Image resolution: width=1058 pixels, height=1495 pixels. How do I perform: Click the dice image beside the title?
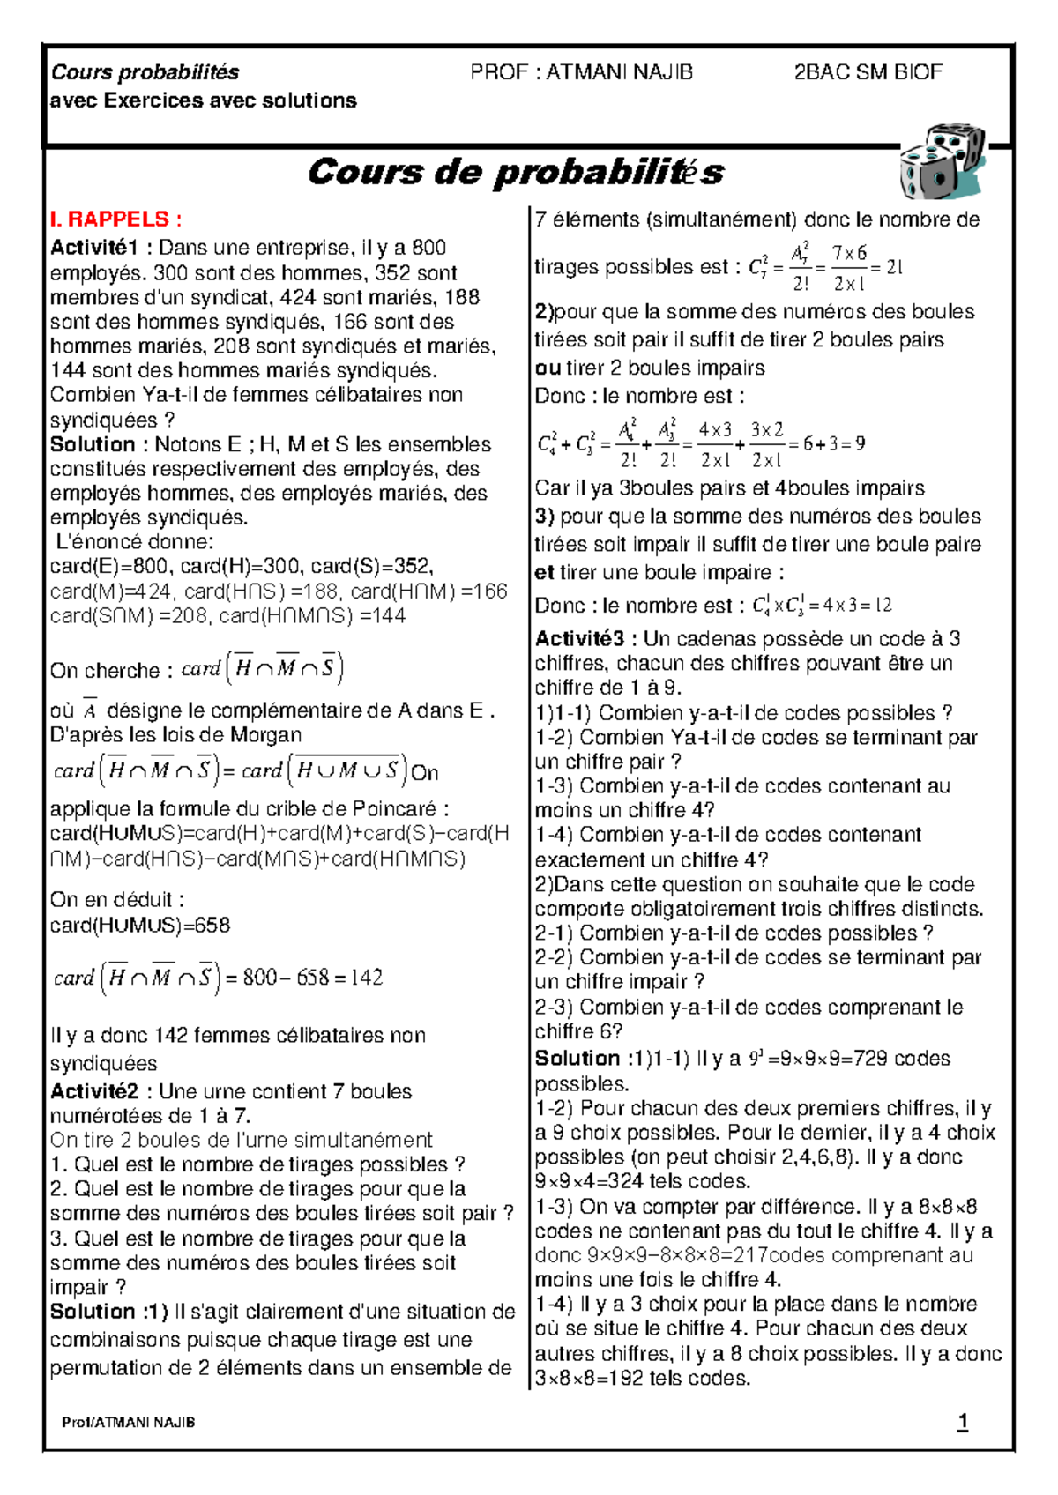(941, 166)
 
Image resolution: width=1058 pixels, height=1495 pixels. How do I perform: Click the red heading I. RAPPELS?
(115, 219)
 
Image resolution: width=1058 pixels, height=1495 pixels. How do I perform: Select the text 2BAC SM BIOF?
(868, 72)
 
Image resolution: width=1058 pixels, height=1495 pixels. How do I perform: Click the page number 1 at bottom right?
(962, 1422)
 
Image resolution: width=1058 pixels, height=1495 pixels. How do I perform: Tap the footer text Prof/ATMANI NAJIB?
(129, 1423)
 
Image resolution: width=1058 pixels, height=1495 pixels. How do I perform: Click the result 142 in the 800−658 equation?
(366, 978)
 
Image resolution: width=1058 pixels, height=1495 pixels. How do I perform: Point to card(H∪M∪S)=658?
(140, 926)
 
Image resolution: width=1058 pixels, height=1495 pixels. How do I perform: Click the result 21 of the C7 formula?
(894, 267)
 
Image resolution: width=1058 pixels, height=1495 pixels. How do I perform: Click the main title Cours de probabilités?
(516, 172)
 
